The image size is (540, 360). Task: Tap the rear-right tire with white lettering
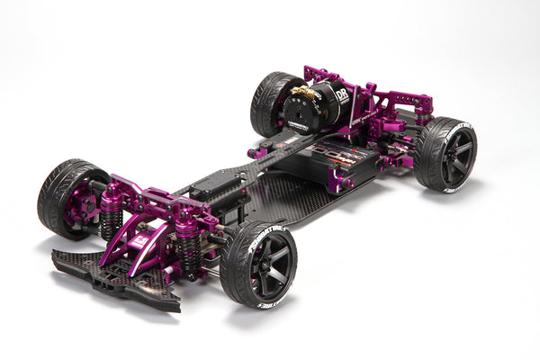pos(444,154)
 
